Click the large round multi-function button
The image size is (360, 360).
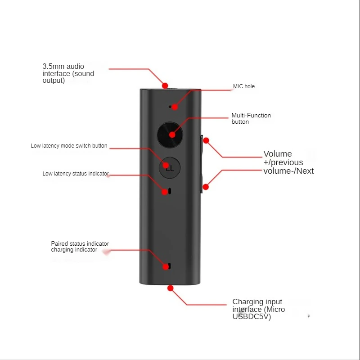coord(170,135)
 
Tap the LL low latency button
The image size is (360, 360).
coord(170,168)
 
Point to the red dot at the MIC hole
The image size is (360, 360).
coord(175,107)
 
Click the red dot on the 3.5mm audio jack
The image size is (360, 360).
coord(165,85)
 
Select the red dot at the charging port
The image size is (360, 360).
coord(171,288)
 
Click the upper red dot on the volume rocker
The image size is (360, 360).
coord(206,140)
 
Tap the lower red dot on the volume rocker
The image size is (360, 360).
coord(206,187)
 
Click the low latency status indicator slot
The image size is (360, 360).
coord(170,191)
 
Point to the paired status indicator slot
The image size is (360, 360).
coord(170,266)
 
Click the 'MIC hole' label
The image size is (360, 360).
coord(243,86)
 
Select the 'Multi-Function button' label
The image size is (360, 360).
coord(251,118)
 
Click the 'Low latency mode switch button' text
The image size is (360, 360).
coord(69,146)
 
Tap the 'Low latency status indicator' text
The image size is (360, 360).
coord(76,174)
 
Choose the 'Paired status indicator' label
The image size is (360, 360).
coord(80,243)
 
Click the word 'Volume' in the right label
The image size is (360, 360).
coord(277,154)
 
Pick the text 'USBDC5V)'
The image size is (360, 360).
coord(252,317)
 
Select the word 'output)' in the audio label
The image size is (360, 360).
coord(54,81)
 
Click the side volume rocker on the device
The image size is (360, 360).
coord(202,164)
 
